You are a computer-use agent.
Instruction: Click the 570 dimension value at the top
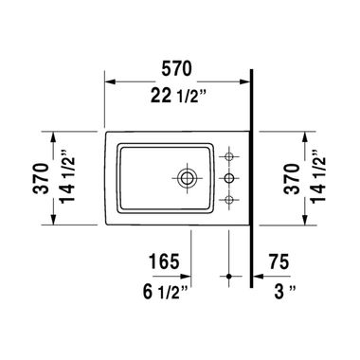click(x=177, y=67)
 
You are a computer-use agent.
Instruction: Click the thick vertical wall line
click(x=251, y=189)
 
